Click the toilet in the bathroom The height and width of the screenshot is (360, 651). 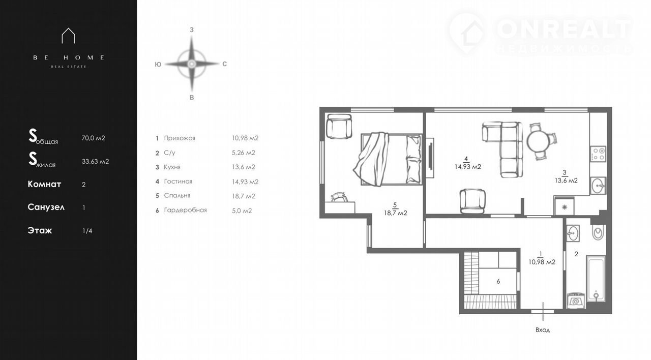598,232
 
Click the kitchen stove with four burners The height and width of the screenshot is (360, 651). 598,154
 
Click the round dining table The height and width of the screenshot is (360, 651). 538,141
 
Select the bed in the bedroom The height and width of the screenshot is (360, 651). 388,159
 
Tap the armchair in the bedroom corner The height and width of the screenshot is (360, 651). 339,126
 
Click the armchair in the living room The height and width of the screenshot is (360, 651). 472,201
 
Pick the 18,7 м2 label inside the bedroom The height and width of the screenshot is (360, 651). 395,213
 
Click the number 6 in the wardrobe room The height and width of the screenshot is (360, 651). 498,281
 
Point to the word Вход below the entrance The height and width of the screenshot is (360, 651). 543,330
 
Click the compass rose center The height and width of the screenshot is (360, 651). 192,64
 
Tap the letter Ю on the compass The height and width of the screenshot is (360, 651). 158,65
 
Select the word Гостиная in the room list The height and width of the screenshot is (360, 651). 178,182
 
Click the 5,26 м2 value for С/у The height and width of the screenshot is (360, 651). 244,153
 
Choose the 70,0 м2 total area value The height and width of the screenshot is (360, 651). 93,138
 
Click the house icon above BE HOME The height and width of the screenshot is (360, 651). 68,36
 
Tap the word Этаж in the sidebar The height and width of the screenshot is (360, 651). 40,230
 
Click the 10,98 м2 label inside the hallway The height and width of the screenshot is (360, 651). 542,262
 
